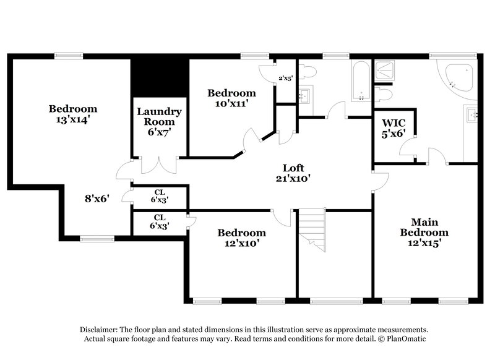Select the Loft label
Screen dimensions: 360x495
pyautogui.click(x=293, y=168)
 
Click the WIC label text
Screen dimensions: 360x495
pyautogui.click(x=394, y=122)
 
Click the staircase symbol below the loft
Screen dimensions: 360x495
pyautogui.click(x=312, y=229)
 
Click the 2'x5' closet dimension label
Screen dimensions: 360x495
pyautogui.click(x=285, y=78)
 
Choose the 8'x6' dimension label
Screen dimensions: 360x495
pyautogui.click(x=97, y=199)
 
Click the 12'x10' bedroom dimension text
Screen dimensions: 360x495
pyautogui.click(x=241, y=243)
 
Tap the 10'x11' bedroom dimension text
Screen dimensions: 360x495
pyautogui.click(x=231, y=103)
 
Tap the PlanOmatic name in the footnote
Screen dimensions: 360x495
pyautogui.click(x=406, y=339)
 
